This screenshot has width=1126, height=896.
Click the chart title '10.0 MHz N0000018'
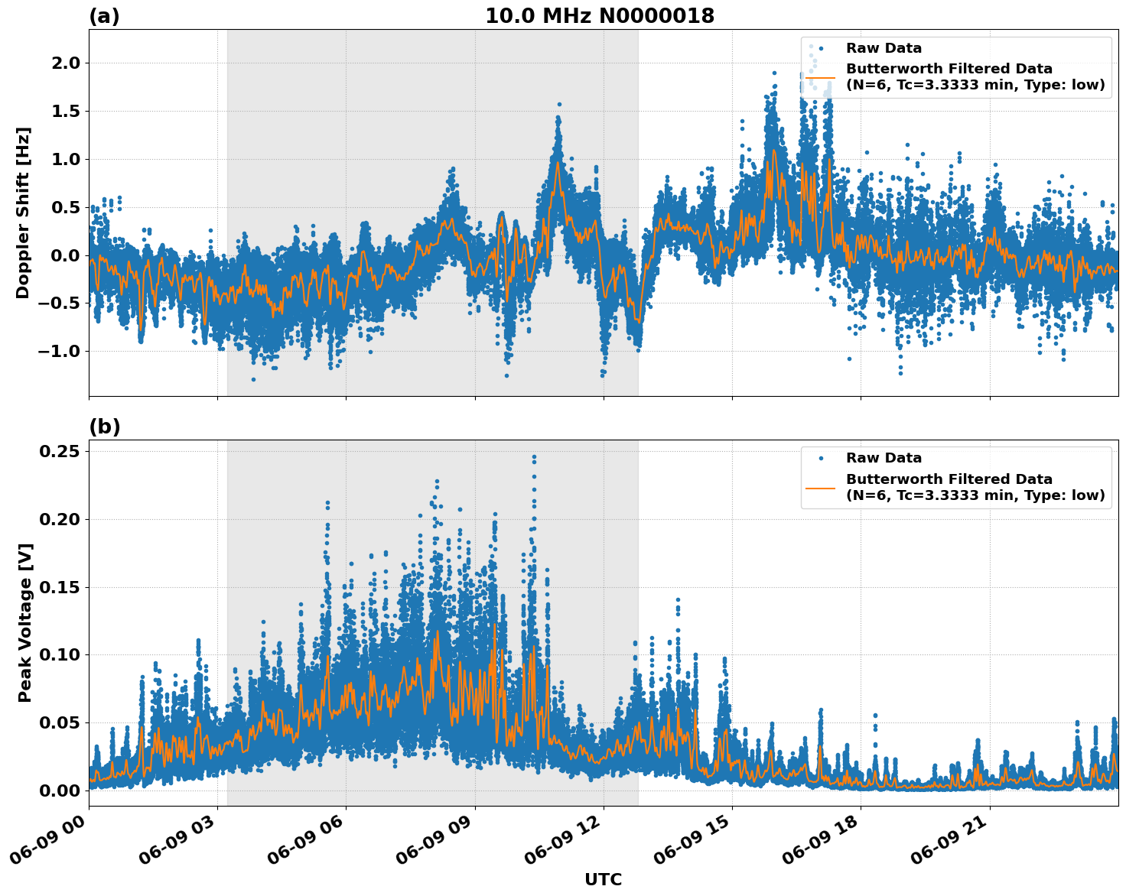pyautogui.click(x=600, y=16)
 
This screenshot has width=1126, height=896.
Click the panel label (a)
pyautogui.click(x=104, y=16)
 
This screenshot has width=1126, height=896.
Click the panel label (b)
pyautogui.click(x=104, y=427)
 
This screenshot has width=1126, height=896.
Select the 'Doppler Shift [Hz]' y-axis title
pyautogui.click(x=23, y=213)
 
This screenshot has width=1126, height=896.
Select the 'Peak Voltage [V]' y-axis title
pyautogui.click(x=25, y=623)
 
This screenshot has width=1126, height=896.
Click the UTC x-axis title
pyautogui.click(x=603, y=879)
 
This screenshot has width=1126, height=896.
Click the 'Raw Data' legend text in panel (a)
pyautogui.click(x=884, y=48)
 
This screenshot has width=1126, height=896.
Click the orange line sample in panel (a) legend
pyautogui.click(x=820, y=77)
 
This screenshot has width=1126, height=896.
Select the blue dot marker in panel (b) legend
pyautogui.click(x=820, y=459)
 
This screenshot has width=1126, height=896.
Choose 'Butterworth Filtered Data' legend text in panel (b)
pyautogui.click(x=949, y=479)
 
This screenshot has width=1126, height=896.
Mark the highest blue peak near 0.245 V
pyautogui.click(x=534, y=457)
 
